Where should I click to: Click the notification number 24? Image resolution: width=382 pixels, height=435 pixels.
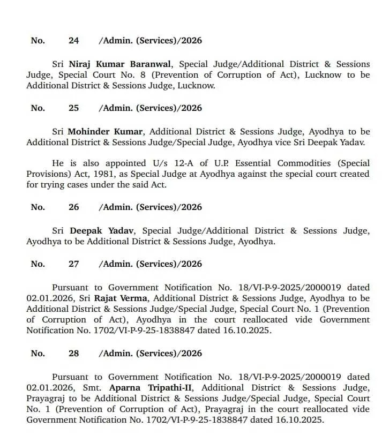point(74,41)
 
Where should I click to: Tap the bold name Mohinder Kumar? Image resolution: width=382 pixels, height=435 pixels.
point(105,131)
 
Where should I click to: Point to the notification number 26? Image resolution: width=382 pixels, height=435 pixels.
point(74,207)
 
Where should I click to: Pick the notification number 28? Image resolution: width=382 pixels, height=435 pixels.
point(74,354)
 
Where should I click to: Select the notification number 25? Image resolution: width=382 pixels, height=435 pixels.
point(74,108)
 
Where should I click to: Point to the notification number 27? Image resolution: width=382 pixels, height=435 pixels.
point(74,264)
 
